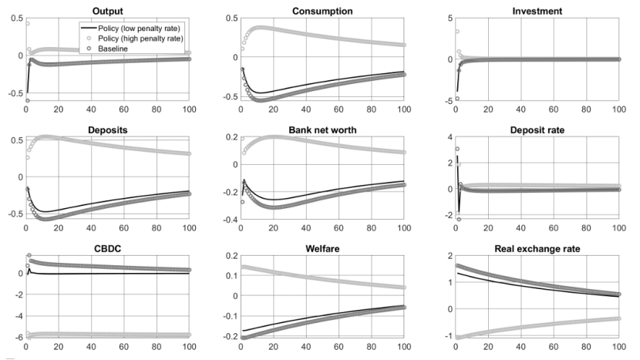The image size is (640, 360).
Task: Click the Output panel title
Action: [106, 10]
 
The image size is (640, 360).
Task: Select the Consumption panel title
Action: [322, 10]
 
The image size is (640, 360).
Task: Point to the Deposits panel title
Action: [106, 131]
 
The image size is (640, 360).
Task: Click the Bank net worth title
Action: [322, 131]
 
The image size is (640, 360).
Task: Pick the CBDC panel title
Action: [106, 249]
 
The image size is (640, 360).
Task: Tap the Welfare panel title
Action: [322, 249]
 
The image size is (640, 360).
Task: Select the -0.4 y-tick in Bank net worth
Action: [227, 220]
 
